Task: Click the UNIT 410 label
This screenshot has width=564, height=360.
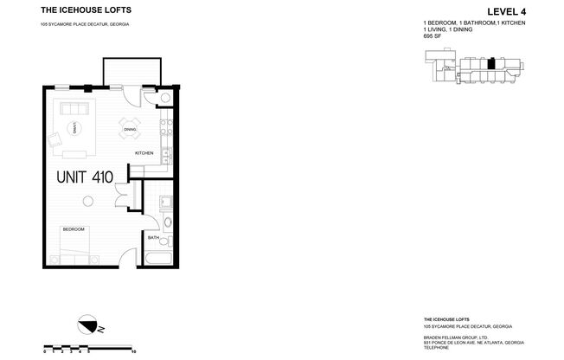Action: (x=85, y=178)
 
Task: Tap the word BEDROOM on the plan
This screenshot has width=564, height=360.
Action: (x=73, y=229)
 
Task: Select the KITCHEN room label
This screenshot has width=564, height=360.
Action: (x=144, y=153)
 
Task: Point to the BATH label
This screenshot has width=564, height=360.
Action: (x=153, y=237)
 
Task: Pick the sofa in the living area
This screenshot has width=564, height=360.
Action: (x=70, y=109)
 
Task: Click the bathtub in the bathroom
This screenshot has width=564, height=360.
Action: (x=157, y=259)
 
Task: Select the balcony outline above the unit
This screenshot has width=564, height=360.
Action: (x=129, y=71)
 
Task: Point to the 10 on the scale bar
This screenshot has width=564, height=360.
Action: (x=132, y=351)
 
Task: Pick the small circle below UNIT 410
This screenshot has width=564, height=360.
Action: (x=87, y=202)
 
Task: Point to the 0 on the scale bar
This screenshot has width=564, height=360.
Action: (x=44, y=351)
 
